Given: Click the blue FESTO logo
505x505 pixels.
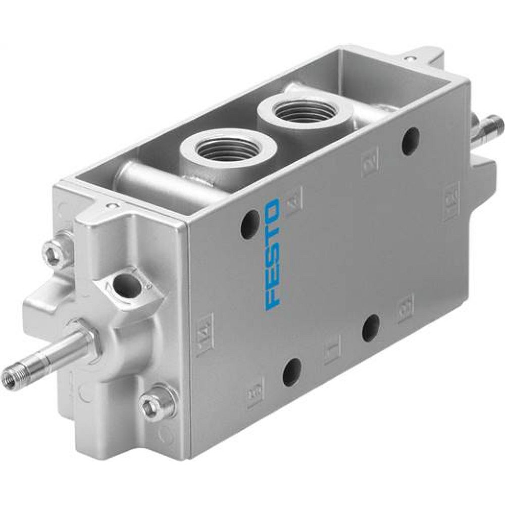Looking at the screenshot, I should (x=273, y=254).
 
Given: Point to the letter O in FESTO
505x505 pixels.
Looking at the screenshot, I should (x=273, y=208).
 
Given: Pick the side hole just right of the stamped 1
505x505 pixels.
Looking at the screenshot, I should (x=371, y=328).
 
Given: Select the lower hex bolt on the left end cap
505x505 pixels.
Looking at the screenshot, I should (x=151, y=405).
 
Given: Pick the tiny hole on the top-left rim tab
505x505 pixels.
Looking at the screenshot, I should (x=112, y=206).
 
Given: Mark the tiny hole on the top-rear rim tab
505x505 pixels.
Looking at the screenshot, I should (x=409, y=59).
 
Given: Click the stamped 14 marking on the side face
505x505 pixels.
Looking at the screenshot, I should (x=205, y=331).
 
